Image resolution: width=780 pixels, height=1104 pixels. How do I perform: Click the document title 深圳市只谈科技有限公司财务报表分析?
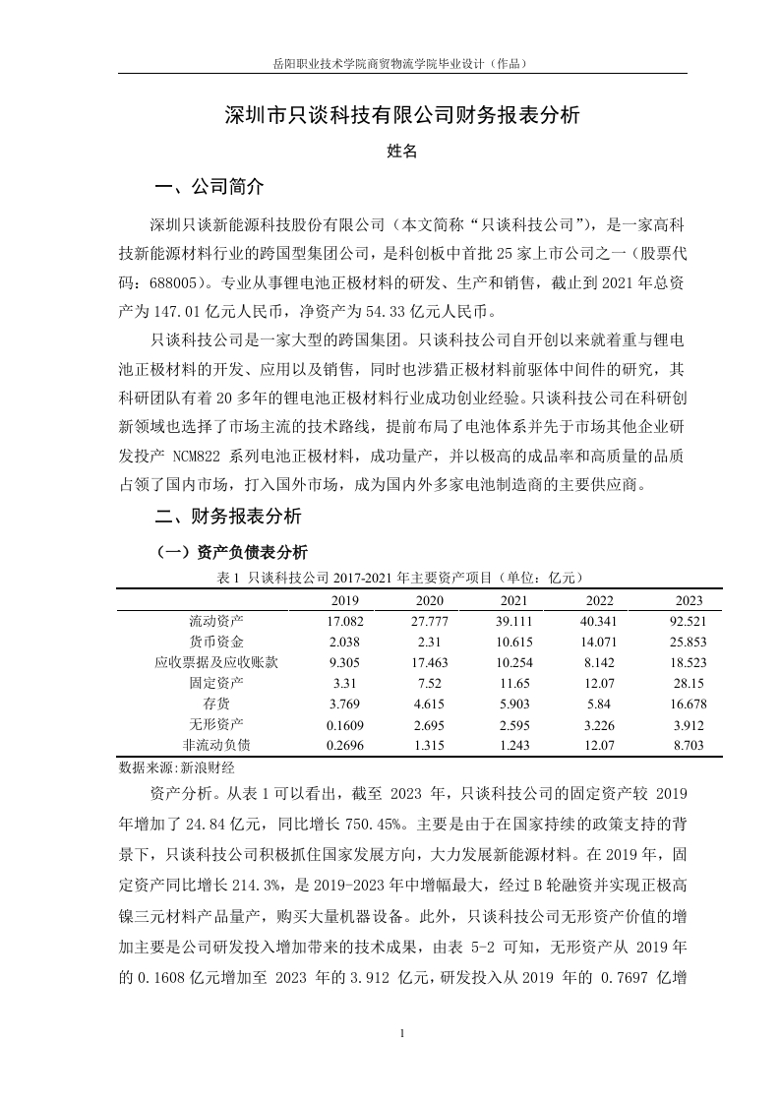tap(402, 116)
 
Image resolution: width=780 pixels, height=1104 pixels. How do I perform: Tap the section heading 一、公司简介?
tap(210, 187)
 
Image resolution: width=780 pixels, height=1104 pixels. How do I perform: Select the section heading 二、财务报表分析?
tap(228, 516)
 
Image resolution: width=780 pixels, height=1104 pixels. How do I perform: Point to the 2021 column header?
tap(513, 600)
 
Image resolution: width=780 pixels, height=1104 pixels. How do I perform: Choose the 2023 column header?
tap(689, 600)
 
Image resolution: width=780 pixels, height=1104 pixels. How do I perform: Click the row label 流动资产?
tap(216, 621)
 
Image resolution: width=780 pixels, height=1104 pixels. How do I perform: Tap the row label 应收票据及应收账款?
tap(216, 662)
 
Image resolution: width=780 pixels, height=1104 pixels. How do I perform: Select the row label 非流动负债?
tap(216, 745)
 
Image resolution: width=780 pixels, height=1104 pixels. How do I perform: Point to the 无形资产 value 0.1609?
tap(345, 724)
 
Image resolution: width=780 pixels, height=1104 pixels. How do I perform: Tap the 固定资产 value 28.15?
tap(689, 683)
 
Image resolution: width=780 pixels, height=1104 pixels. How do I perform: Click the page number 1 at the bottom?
tap(402, 1034)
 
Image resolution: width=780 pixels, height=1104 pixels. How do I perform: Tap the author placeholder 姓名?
tap(402, 152)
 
